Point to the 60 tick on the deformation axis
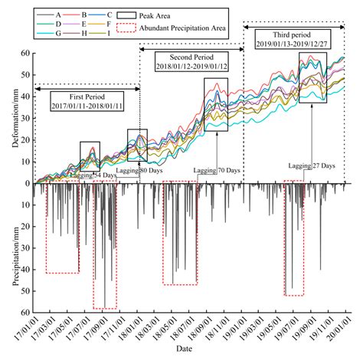pos(25,54)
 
